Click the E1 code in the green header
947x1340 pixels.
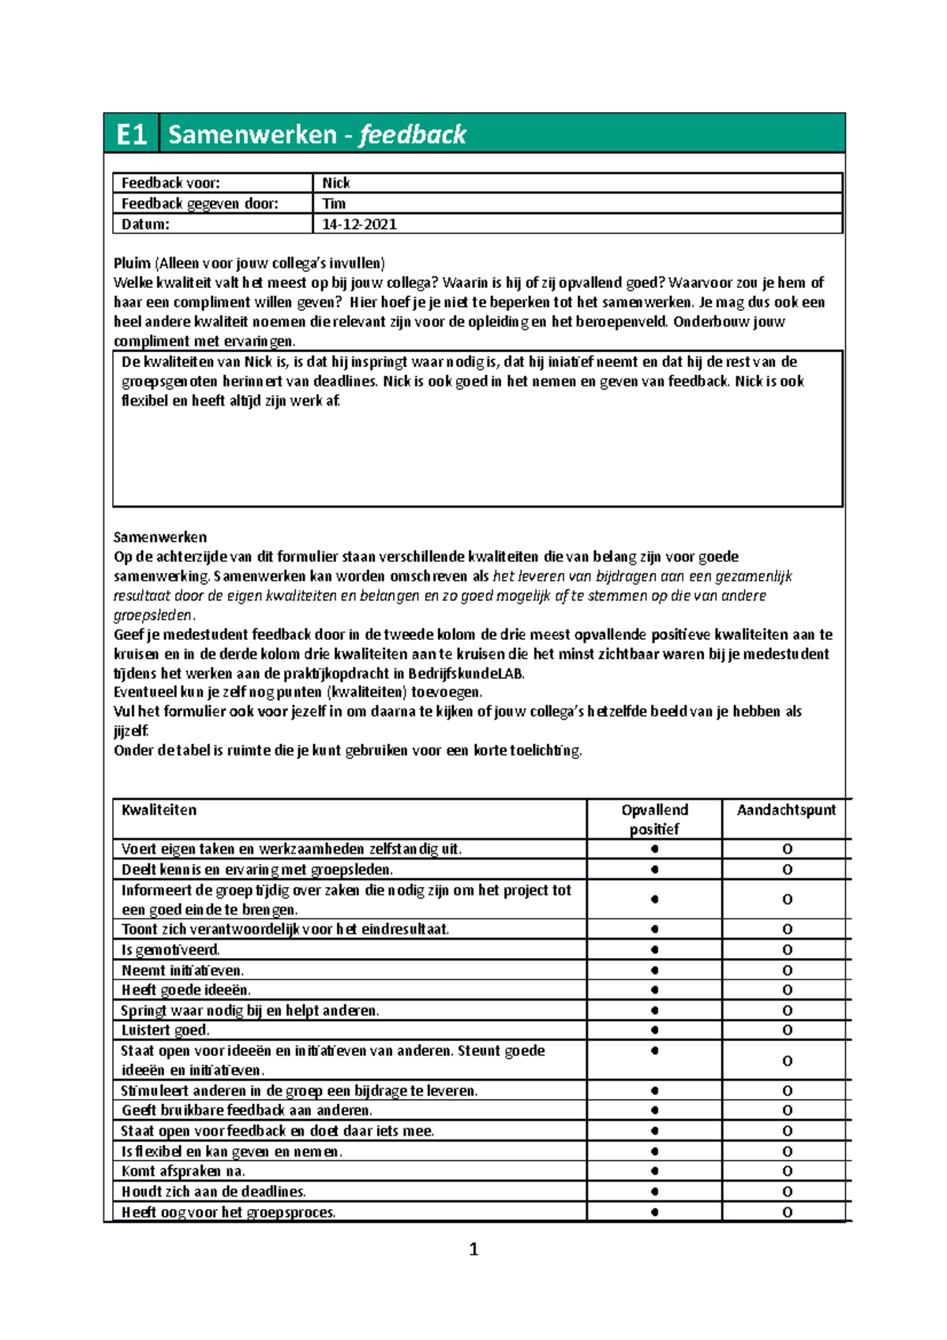point(131,135)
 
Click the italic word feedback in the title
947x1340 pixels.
point(412,135)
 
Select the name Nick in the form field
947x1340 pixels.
point(335,183)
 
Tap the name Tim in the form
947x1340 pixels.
point(334,204)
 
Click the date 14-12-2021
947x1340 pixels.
point(359,224)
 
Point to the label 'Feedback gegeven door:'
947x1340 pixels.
point(200,204)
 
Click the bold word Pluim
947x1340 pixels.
point(132,264)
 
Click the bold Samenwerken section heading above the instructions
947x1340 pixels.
point(160,537)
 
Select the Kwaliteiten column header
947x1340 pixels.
point(159,810)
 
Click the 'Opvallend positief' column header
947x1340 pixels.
point(654,819)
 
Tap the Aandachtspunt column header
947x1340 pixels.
point(786,810)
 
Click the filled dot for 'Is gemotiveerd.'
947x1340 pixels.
point(654,950)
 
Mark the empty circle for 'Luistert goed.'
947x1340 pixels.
point(787,1031)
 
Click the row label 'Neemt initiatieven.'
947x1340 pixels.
point(182,971)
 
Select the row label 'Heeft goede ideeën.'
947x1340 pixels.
point(185,990)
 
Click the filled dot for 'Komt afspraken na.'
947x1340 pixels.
point(654,1171)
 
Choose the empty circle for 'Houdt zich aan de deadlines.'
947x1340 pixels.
point(787,1192)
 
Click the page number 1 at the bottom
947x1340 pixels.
point(473,1249)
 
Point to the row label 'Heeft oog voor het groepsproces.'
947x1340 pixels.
point(228,1212)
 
